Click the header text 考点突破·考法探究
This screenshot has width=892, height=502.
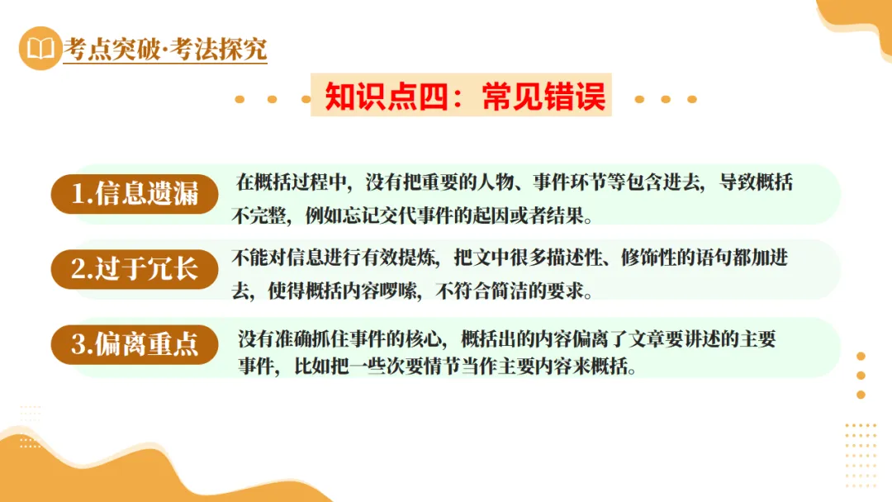click(x=165, y=50)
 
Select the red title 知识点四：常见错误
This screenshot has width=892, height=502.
click(x=465, y=97)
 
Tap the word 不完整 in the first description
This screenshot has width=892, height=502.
click(x=253, y=217)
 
